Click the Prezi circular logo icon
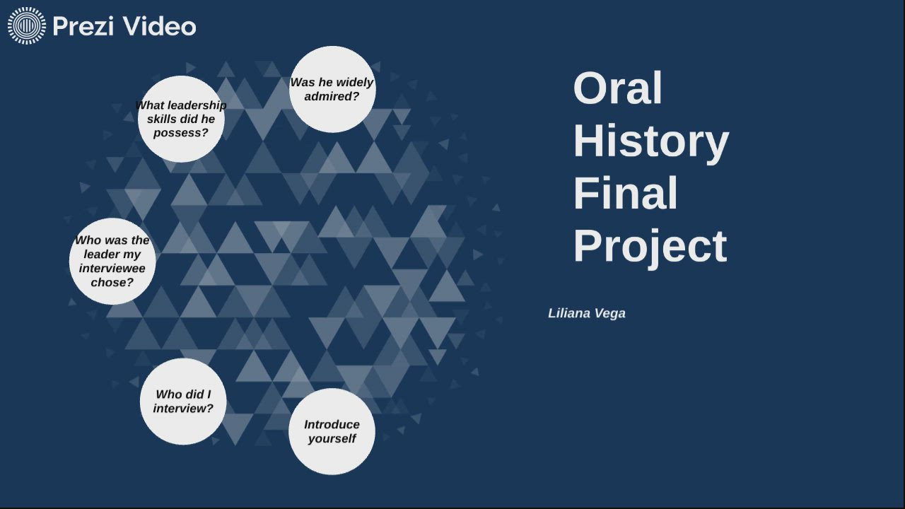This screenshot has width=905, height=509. (26, 26)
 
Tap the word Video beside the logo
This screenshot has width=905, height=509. (159, 26)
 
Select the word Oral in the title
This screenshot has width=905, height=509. (617, 88)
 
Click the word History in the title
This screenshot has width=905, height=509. (650, 141)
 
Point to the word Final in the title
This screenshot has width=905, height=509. (625, 193)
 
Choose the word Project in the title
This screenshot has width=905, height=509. (650, 246)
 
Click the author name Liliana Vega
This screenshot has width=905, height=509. (586, 313)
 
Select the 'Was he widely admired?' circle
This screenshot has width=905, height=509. (332, 89)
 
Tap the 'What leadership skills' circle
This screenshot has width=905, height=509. (181, 119)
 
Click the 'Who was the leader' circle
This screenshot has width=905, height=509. (112, 262)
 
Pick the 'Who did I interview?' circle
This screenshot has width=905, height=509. (183, 402)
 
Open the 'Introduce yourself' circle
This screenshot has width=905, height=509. (332, 431)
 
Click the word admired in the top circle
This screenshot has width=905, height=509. (332, 97)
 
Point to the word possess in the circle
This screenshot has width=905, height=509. (181, 133)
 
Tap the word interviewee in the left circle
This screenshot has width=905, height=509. (112, 269)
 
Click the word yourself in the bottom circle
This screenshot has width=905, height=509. (332, 439)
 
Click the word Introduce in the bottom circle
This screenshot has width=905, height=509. (332, 424)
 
